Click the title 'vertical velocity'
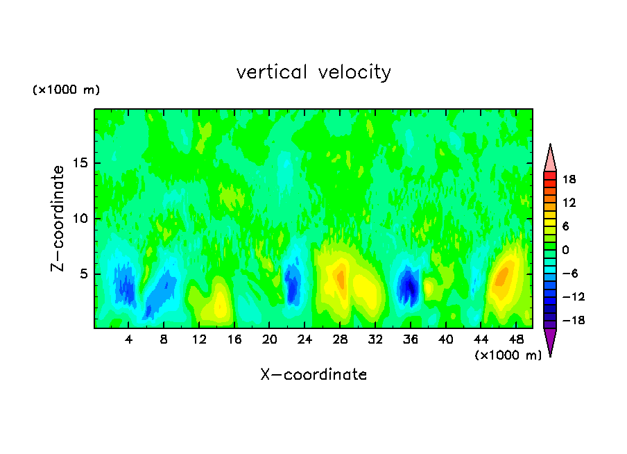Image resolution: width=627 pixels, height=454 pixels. [313, 72]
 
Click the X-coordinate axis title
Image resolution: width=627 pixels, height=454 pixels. [313, 375]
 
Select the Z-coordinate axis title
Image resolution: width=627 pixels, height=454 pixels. [59, 218]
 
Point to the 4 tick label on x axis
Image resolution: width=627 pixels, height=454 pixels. [129, 339]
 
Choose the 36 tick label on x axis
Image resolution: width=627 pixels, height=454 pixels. [410, 339]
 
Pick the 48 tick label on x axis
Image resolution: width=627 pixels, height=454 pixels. [515, 339]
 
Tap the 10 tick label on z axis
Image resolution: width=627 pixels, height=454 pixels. [78, 219]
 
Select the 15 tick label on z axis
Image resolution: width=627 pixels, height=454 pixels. [78, 163]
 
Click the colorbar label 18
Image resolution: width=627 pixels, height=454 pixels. [569, 179]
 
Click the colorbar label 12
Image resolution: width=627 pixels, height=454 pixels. [569, 203]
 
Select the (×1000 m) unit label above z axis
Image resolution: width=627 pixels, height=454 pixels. [67, 90]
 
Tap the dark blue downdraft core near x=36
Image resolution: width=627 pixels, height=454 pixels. [410, 286]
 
